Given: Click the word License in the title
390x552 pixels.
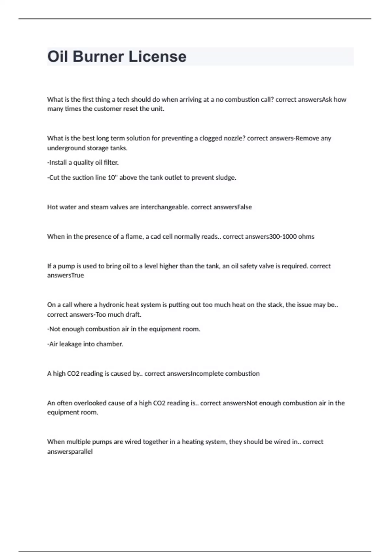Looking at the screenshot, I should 157,56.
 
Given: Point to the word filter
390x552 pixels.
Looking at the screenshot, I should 111,162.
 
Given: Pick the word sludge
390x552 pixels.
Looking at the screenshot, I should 226,178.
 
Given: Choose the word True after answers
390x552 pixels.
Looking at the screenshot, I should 77,275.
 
